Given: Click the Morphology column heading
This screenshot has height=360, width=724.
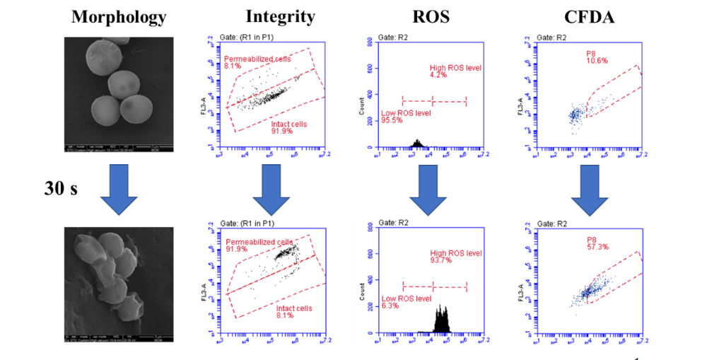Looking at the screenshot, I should (x=119, y=16).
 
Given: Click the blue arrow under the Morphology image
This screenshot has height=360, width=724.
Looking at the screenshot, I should (x=117, y=188).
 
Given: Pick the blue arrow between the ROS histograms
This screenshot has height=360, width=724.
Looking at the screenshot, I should (x=433, y=188).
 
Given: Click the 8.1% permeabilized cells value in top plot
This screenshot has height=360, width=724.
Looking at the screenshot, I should (x=233, y=66).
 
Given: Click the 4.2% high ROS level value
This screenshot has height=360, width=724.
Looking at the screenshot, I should (x=438, y=76).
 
